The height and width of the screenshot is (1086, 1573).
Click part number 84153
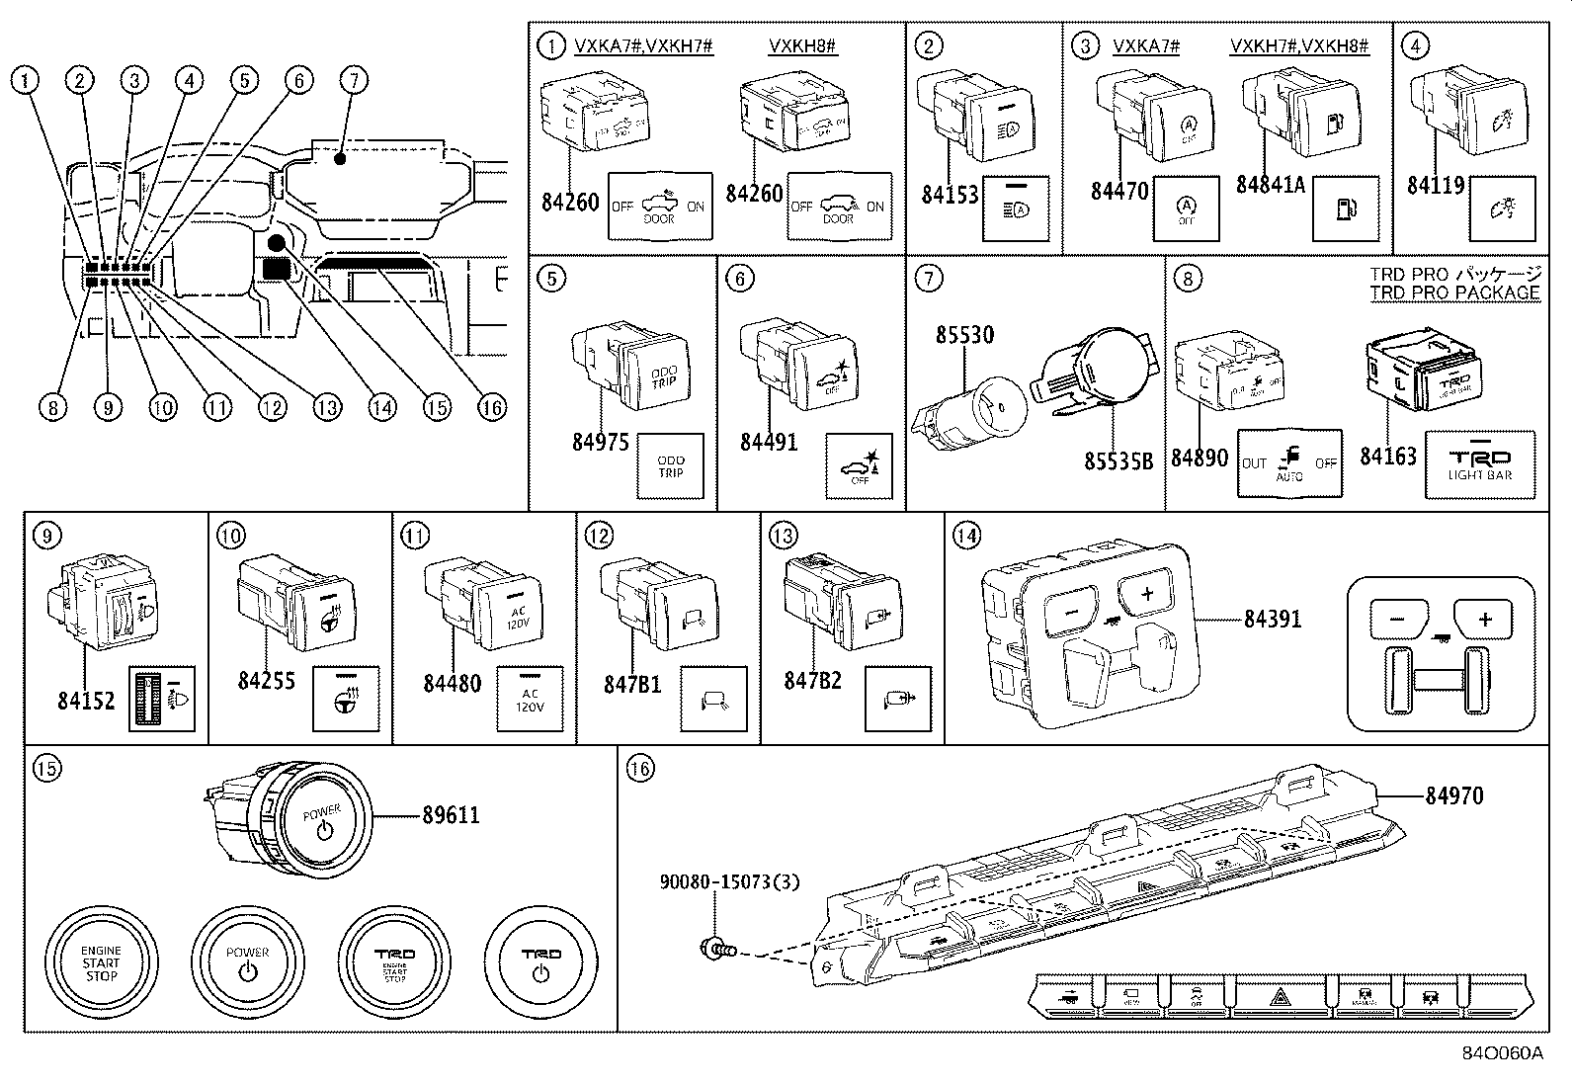pos(950,195)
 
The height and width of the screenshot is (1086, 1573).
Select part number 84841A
pos(1271,187)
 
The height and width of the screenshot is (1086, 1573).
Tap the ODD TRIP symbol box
pos(670,466)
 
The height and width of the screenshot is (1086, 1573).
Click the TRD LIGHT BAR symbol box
pos(1479,463)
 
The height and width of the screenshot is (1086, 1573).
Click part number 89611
pos(451,815)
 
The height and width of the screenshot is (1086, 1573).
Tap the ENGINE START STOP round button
pos(101,962)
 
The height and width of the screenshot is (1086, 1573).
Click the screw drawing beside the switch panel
pos(715,951)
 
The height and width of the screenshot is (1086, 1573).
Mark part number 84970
pos(1453,795)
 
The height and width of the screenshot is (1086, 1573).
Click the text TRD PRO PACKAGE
pos(1454,292)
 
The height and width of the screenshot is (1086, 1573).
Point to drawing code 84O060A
pos(1502,1053)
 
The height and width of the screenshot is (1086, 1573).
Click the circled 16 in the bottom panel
pos(640,767)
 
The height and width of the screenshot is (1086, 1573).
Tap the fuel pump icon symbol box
pos(1345,209)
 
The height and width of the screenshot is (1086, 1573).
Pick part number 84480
pos(452,683)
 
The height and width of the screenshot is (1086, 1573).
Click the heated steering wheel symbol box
pos(345,699)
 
